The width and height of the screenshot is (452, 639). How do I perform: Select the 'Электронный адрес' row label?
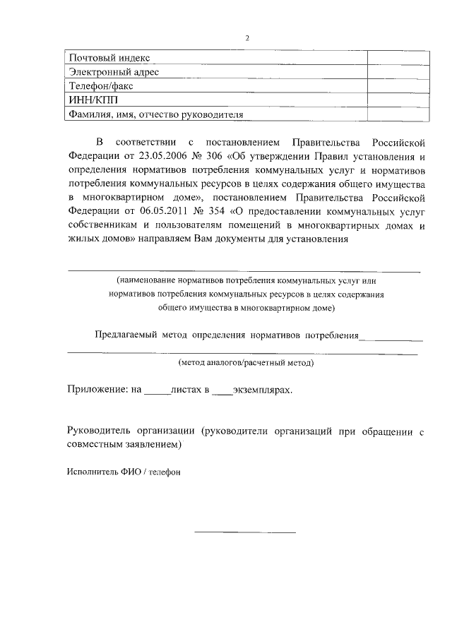(113, 72)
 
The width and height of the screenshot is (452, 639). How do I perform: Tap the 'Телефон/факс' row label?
(100, 86)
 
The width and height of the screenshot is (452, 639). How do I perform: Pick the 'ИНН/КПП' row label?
(90, 100)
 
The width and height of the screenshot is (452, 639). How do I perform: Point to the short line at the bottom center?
(244, 531)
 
